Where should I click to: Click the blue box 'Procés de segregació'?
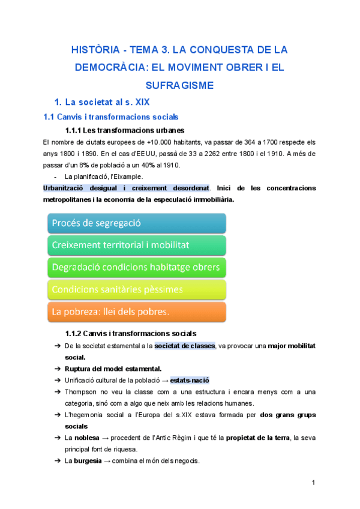(136, 223)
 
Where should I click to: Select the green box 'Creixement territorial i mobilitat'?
(136, 245)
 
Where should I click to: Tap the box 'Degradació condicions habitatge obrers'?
(136, 267)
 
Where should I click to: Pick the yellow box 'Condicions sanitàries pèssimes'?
(136, 289)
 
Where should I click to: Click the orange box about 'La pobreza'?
(136, 312)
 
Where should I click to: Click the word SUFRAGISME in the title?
(179, 85)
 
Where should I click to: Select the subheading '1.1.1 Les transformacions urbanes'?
(124, 130)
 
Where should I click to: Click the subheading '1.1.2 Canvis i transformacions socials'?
(131, 333)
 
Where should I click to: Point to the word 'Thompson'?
(80, 391)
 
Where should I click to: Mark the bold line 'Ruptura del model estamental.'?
(113, 369)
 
